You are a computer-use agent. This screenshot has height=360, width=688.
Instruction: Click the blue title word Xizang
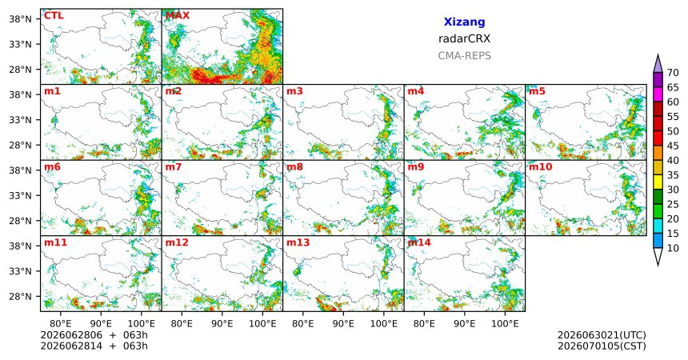tap(464, 22)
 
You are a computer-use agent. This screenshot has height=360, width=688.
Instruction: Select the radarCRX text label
tap(464, 38)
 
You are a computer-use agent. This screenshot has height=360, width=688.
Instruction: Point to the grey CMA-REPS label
tap(464, 56)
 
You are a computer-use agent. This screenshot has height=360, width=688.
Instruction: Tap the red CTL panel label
tap(54, 16)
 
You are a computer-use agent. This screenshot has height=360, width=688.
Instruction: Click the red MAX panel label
tap(178, 16)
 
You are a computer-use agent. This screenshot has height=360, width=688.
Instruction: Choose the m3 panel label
tap(294, 91)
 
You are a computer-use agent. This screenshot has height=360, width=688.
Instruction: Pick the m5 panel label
tap(537, 91)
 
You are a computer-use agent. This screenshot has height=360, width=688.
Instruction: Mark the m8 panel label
tap(294, 167)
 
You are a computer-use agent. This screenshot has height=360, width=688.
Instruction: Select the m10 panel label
tap(540, 167)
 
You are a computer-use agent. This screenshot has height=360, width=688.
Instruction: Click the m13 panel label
tap(298, 242)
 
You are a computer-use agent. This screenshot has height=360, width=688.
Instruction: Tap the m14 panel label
tap(419, 242)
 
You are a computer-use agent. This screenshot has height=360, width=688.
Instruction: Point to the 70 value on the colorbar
tap(673, 73)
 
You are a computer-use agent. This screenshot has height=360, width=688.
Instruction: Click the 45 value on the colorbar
tap(673, 146)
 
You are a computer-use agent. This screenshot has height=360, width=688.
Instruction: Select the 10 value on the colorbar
tap(673, 248)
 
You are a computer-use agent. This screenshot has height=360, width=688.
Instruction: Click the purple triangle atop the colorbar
tap(658, 63)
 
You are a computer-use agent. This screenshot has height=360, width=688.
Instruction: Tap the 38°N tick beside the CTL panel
tap(20, 19)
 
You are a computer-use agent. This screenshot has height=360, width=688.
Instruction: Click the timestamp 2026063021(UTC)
tap(602, 335)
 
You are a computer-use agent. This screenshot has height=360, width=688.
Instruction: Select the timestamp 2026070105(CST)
tap(602, 346)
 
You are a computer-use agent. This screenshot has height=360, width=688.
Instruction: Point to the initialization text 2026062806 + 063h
tap(94, 335)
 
